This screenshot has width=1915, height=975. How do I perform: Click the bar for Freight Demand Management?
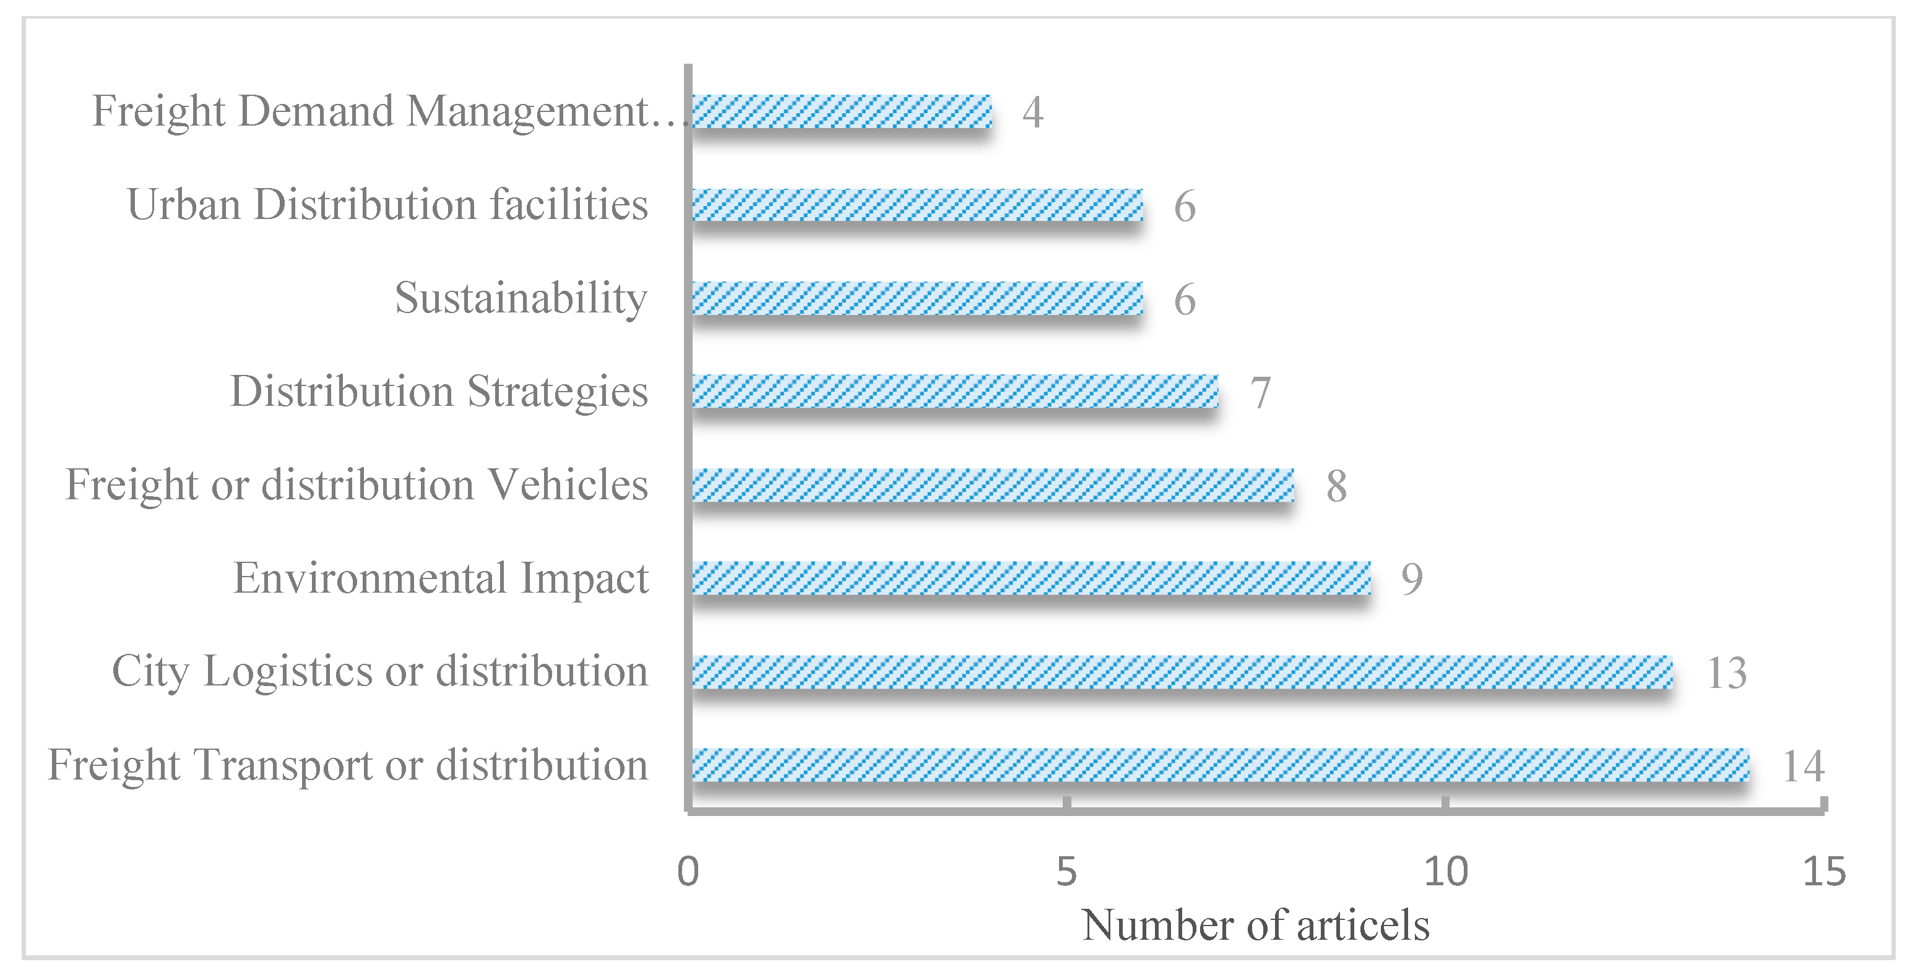click(x=842, y=111)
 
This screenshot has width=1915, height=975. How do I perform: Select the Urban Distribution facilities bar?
click(x=917, y=205)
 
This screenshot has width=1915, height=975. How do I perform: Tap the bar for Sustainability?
click(x=917, y=299)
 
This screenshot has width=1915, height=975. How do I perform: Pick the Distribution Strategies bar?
click(x=955, y=392)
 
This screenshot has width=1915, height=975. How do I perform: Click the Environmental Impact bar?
click(x=1031, y=578)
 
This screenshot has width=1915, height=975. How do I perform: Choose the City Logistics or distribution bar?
click(x=1182, y=672)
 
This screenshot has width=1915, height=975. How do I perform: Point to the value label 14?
click(x=1804, y=766)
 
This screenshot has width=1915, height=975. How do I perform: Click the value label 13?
click(x=1726, y=673)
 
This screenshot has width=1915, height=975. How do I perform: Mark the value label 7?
click(x=1260, y=393)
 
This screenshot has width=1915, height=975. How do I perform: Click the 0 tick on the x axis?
click(x=688, y=872)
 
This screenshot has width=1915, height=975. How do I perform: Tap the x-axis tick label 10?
click(x=1446, y=872)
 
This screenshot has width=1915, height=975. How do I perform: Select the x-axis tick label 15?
click(x=1824, y=872)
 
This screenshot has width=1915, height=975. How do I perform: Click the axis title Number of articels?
click(x=1256, y=926)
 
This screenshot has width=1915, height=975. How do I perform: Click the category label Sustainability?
click(x=521, y=299)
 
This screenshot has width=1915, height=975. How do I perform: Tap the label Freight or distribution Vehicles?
click(x=357, y=485)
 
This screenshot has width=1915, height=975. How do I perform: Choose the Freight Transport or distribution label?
click(x=348, y=765)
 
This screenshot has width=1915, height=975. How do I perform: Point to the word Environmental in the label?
click(x=370, y=578)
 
